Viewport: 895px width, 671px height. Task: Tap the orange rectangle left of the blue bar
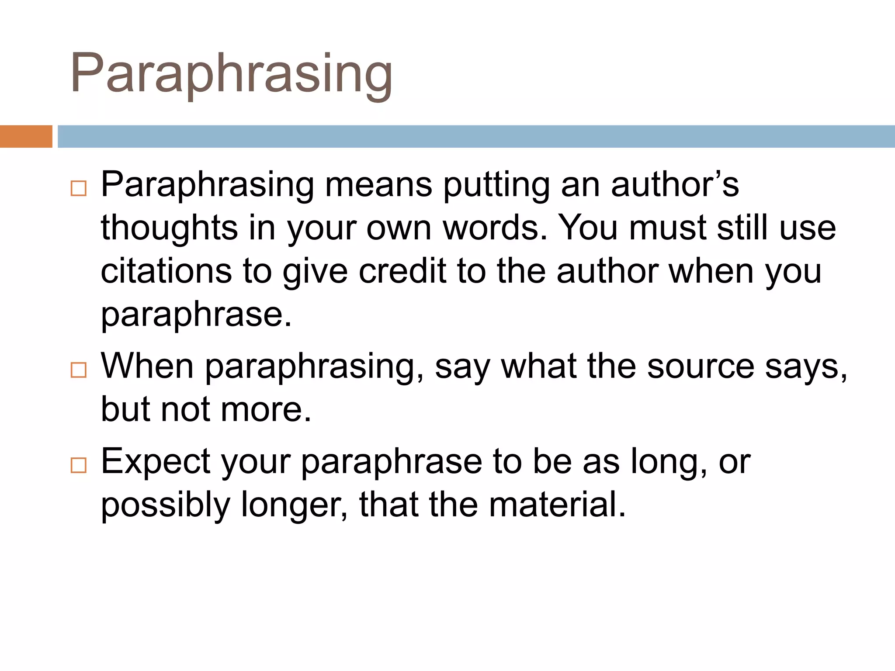coord(26,136)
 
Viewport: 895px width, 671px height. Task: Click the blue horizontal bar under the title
coord(476,136)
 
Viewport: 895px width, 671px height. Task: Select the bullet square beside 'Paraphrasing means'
coord(79,189)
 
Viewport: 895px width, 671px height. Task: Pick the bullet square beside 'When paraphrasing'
coord(79,370)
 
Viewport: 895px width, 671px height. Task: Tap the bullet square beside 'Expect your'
coord(79,465)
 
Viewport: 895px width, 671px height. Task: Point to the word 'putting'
coord(496,186)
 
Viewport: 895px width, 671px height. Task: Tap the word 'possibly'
coord(166,505)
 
